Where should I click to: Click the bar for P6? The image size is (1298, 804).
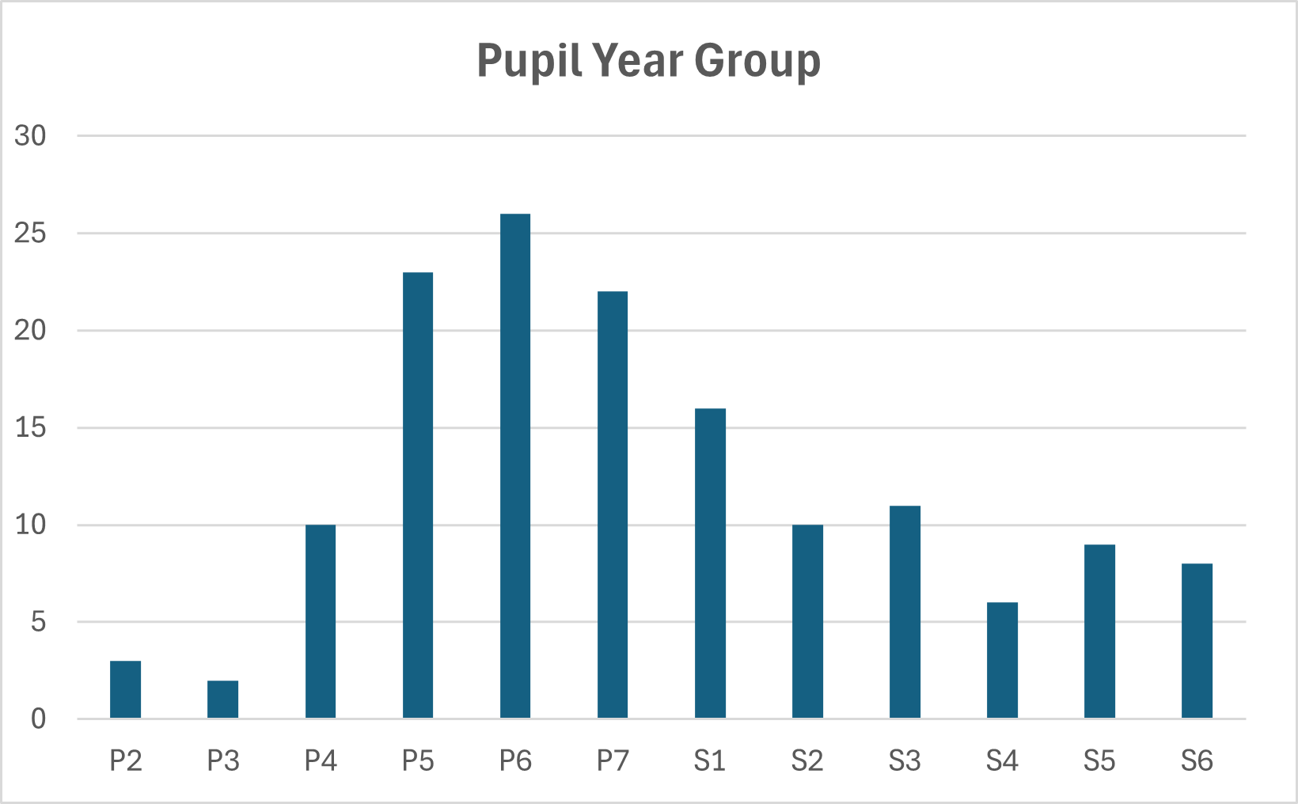[x=515, y=466]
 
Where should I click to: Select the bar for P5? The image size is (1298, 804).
[x=418, y=495]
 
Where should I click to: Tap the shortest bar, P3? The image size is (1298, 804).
[x=222, y=700]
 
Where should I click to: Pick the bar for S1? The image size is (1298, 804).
[x=710, y=563]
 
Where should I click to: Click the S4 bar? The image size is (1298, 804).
[x=1002, y=661]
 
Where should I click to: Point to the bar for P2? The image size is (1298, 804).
[x=125, y=689]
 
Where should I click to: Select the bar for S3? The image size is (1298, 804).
[x=905, y=612]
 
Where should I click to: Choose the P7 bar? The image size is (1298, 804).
[x=613, y=505]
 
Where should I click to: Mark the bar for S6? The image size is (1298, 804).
[x=1197, y=641]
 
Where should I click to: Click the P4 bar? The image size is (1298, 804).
[x=321, y=621]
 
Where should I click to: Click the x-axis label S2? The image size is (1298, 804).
[x=807, y=761]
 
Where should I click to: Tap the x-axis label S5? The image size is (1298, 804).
[x=1099, y=761]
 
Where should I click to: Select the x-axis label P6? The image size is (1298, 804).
[x=515, y=761]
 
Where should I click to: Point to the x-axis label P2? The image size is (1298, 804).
[x=125, y=761]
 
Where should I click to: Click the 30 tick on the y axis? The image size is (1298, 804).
[x=30, y=136]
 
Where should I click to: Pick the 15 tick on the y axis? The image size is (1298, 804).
[x=30, y=428]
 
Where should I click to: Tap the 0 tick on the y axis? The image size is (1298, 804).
[x=38, y=719]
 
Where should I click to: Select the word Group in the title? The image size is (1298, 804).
[x=757, y=61]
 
